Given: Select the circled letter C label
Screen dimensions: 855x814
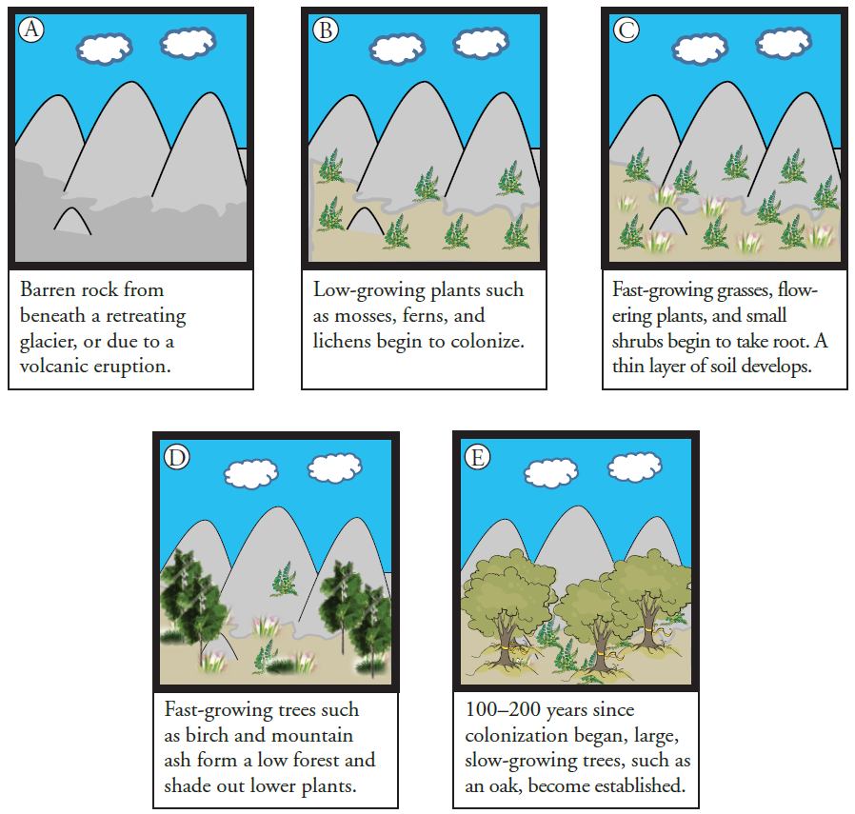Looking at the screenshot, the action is [x=626, y=30].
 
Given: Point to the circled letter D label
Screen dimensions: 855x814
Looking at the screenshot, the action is [x=177, y=458].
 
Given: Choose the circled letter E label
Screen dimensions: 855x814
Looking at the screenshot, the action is [x=477, y=458].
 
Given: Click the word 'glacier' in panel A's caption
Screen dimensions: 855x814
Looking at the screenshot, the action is [x=49, y=341].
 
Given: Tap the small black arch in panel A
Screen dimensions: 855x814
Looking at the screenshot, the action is [x=72, y=221].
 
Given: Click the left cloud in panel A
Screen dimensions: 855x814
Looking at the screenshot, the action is [x=104, y=47].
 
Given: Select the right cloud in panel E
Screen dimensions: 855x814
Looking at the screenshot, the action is [x=635, y=467].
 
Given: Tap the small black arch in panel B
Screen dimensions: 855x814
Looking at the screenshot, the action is [x=365, y=221].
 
